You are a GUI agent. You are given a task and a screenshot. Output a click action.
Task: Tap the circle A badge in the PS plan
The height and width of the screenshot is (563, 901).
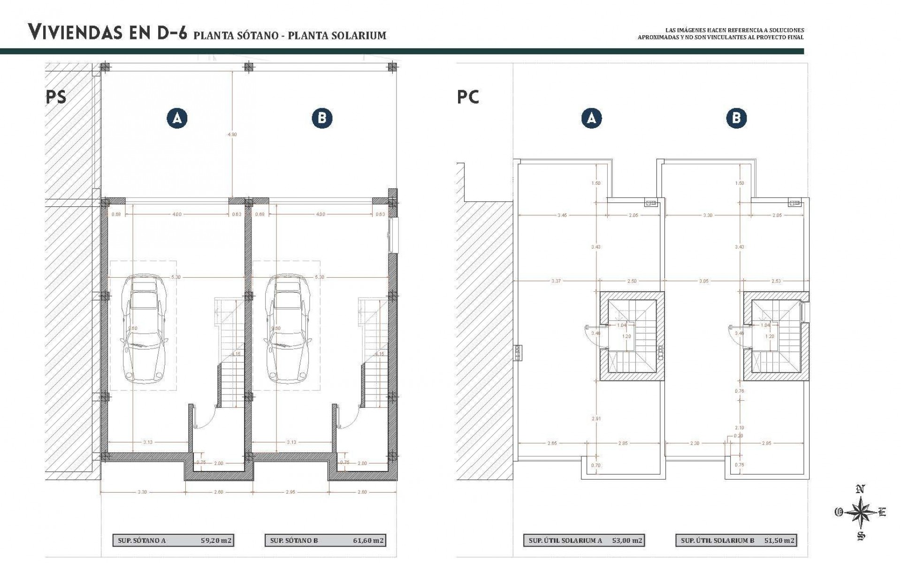177,118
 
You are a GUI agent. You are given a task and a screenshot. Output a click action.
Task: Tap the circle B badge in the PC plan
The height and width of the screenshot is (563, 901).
736,118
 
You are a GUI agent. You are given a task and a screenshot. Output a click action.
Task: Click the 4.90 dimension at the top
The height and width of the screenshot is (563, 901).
232,134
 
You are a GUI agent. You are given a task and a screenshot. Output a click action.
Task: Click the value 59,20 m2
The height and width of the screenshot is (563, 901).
216,540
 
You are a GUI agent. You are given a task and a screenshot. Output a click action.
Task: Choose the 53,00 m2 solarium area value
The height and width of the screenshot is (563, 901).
627,540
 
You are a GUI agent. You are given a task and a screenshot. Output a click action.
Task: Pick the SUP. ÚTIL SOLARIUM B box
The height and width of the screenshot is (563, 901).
736,540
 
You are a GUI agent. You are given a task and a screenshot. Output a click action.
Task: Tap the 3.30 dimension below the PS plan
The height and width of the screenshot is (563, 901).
142,492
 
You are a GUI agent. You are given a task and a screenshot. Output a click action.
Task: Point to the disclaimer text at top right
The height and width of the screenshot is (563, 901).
720,33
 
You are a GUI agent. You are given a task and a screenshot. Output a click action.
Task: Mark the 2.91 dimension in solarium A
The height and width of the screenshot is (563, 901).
596,418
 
